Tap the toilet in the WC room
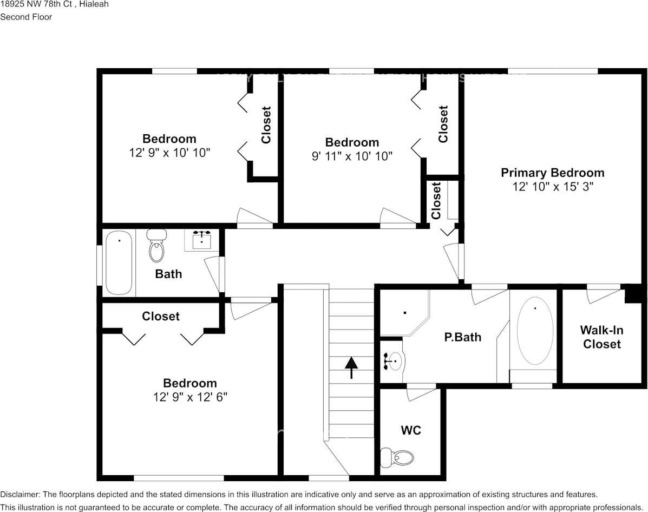(398, 458)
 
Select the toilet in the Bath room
(157, 246)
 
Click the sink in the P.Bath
(395, 360)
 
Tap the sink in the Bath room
(202, 240)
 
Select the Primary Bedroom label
(552, 173)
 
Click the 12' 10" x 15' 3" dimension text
(552, 187)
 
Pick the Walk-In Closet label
(601, 337)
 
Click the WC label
(411, 431)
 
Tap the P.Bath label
(462, 337)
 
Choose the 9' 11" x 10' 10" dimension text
(352, 156)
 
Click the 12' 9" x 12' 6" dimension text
(190, 397)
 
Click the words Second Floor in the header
(26, 17)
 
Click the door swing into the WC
(420, 393)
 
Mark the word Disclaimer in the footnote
(19, 494)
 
